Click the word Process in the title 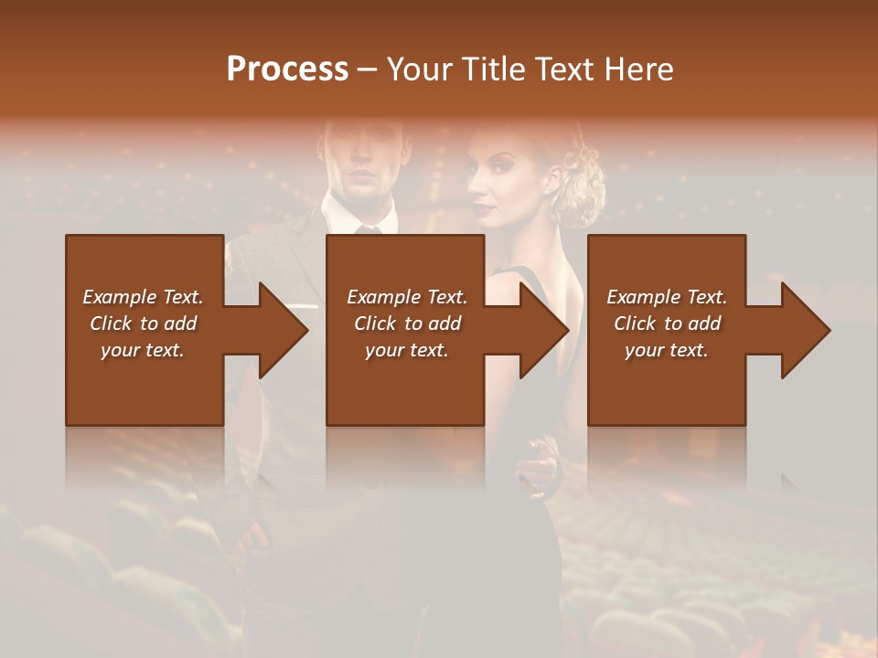tap(287, 69)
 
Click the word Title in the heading tap(494, 69)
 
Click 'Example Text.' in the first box tap(143, 297)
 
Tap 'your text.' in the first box tap(143, 350)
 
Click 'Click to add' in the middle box tap(407, 324)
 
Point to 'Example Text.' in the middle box tap(407, 297)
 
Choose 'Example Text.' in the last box tap(667, 297)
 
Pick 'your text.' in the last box tap(667, 350)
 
